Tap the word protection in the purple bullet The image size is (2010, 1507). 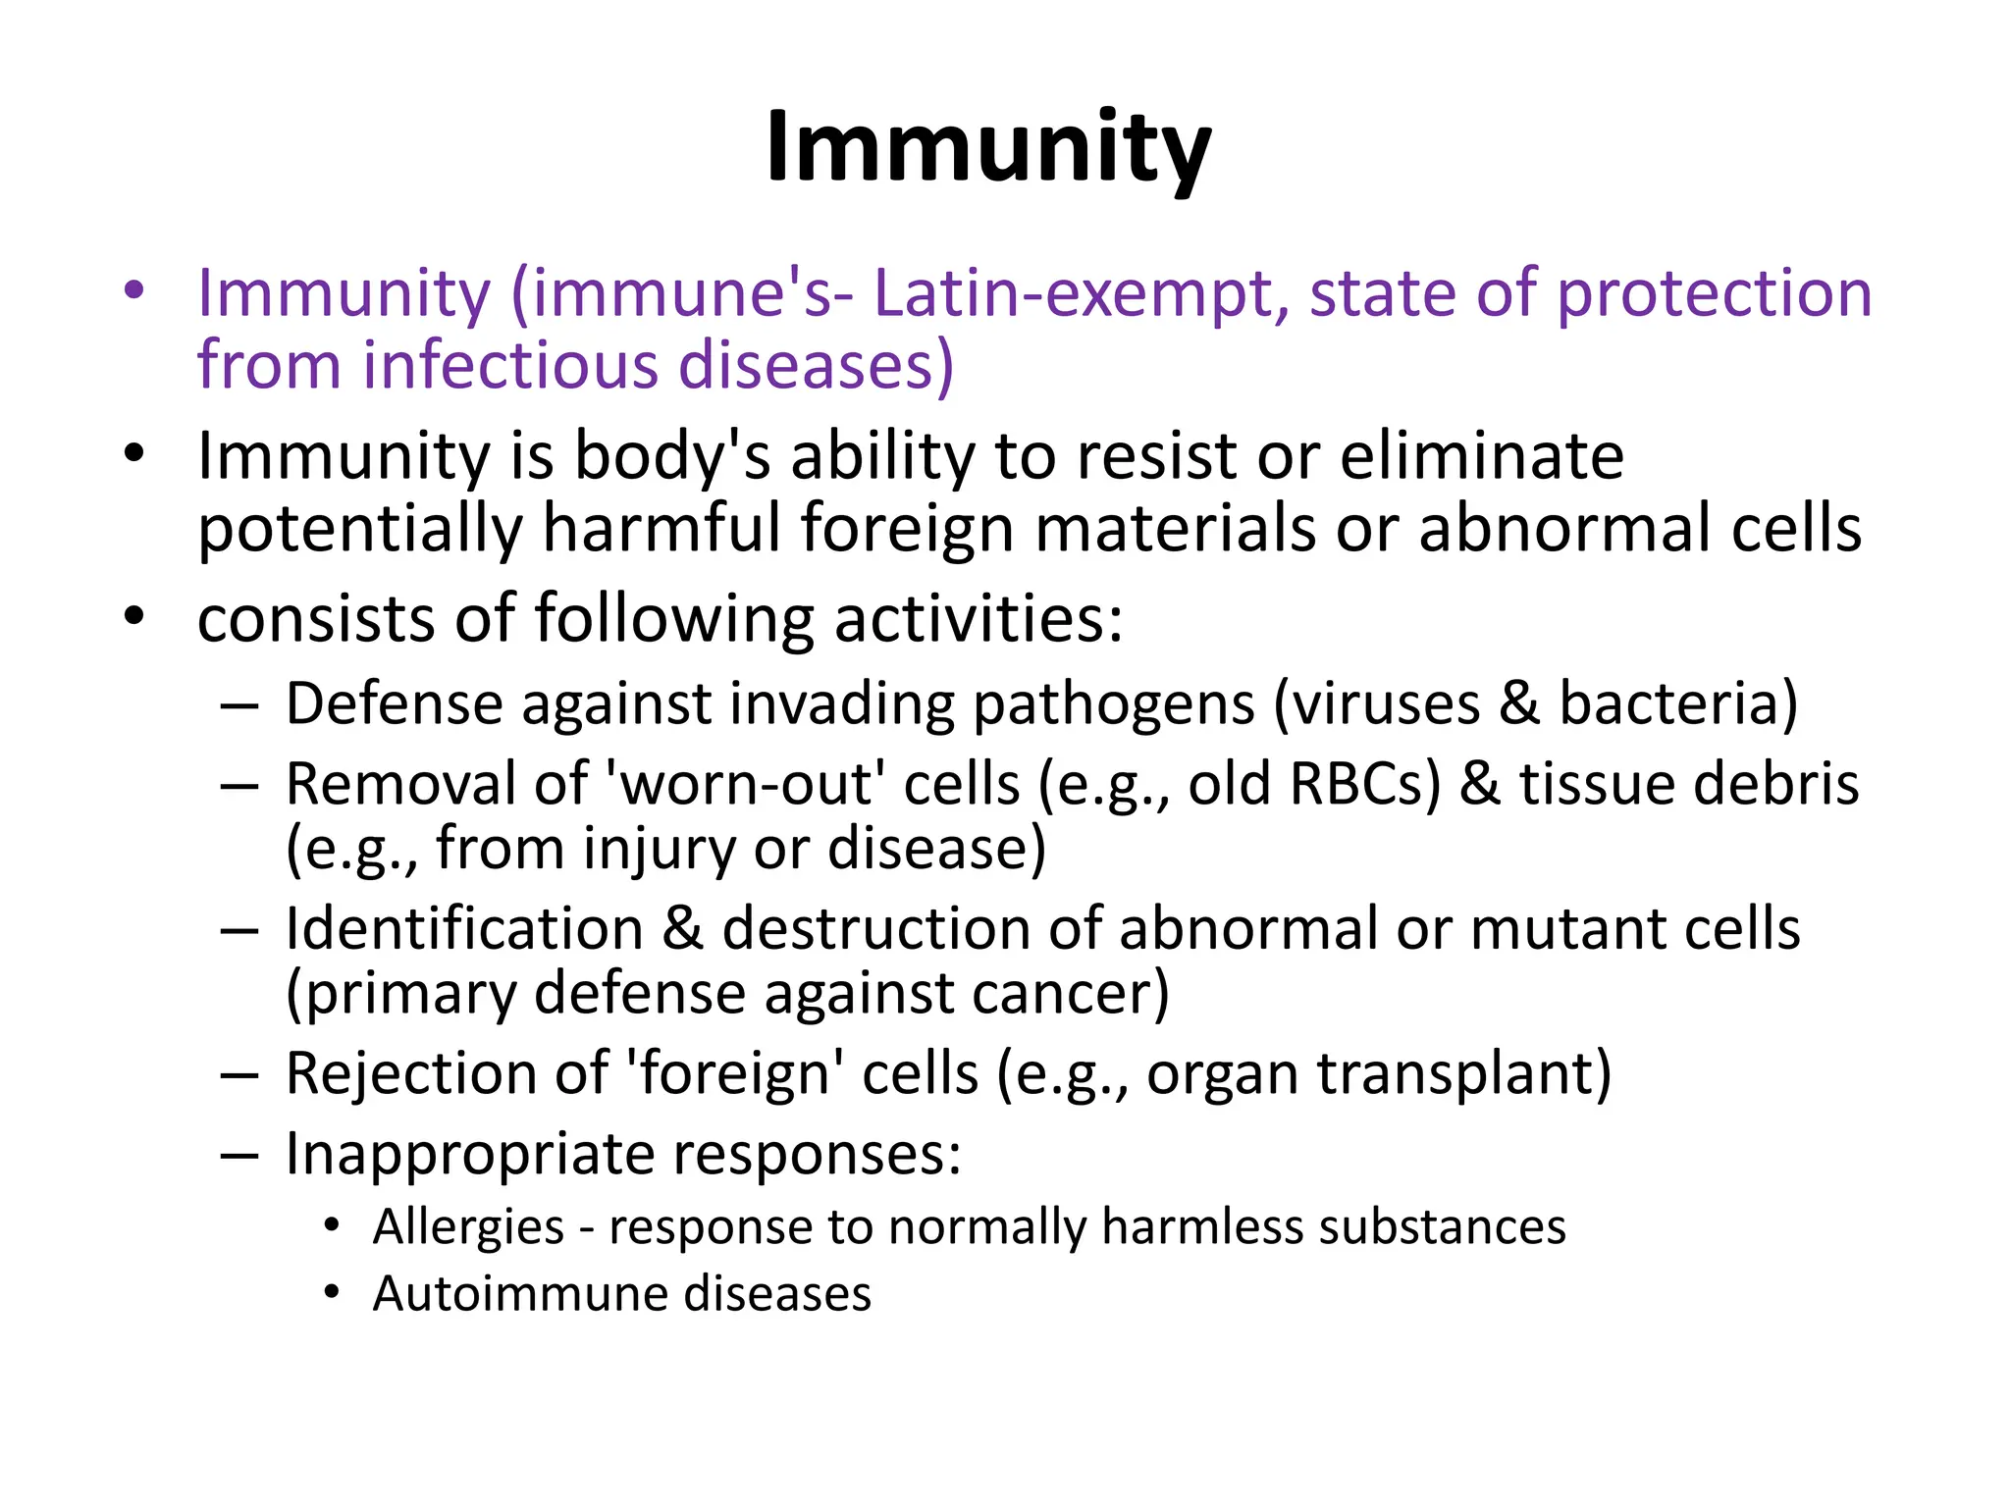click(1715, 294)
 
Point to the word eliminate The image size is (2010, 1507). click(1482, 457)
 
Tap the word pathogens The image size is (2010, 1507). click(1113, 704)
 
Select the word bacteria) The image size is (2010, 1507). click(1678, 704)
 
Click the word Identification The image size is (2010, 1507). click(464, 929)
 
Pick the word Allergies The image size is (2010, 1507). click(468, 1227)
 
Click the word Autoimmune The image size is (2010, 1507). click(519, 1294)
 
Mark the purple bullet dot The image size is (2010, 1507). click(134, 290)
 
